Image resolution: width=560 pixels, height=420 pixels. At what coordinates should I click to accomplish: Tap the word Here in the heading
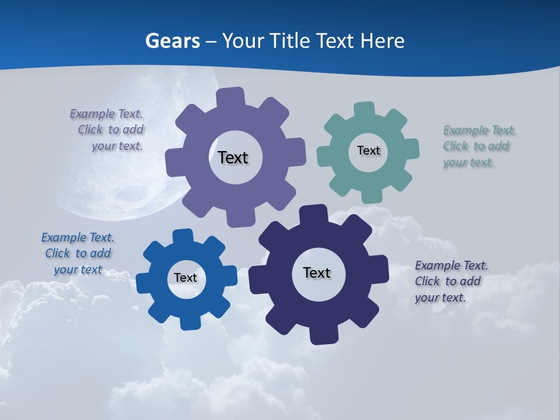(382, 41)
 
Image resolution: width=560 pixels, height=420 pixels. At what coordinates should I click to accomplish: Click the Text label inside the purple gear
(233, 157)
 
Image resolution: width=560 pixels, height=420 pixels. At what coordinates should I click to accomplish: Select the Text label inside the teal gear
(368, 150)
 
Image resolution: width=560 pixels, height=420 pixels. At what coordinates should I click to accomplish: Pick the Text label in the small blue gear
(185, 278)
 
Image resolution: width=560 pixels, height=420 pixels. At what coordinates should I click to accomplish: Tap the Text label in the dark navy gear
(317, 272)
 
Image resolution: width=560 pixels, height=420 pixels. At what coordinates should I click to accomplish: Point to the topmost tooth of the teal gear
(365, 110)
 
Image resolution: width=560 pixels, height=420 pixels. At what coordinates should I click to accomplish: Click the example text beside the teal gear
(478, 146)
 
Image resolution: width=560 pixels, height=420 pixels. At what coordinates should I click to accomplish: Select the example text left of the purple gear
(108, 129)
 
